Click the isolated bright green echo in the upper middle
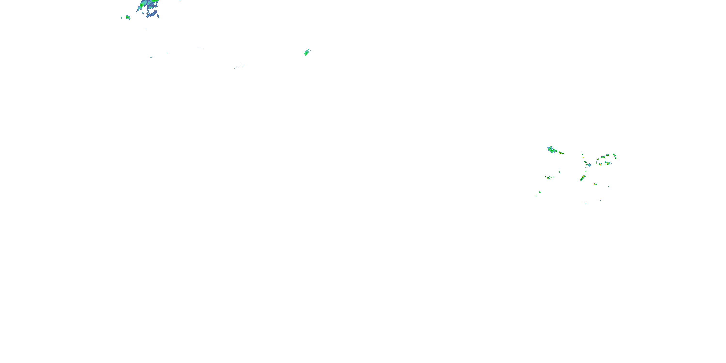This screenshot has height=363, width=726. (307, 53)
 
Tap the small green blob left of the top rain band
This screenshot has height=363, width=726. (128, 17)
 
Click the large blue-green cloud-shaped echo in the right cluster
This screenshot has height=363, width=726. (551, 149)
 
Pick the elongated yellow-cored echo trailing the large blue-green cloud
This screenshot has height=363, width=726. (561, 153)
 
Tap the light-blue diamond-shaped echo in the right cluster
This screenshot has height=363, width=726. (590, 165)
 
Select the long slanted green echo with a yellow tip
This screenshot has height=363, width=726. (582, 178)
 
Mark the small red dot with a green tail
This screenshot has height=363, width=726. (595, 184)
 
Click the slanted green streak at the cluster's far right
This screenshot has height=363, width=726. (615, 156)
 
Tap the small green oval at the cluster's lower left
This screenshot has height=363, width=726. (540, 192)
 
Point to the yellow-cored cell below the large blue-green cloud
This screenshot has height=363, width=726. (548, 178)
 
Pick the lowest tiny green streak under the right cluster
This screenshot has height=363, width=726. (585, 203)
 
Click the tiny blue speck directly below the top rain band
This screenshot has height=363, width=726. (146, 29)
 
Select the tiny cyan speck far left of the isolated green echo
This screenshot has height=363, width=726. (151, 57)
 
